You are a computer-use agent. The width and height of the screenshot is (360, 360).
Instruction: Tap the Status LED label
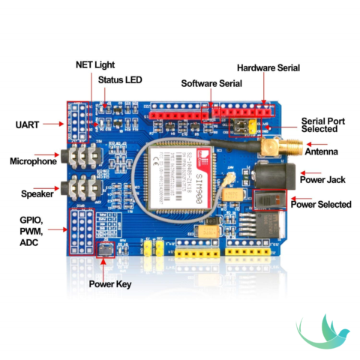point(120,79)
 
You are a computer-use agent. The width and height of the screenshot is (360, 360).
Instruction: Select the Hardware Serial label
point(268,67)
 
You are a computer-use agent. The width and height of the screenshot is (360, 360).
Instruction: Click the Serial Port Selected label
point(323,124)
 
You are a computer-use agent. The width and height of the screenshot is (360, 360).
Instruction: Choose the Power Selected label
point(320,204)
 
